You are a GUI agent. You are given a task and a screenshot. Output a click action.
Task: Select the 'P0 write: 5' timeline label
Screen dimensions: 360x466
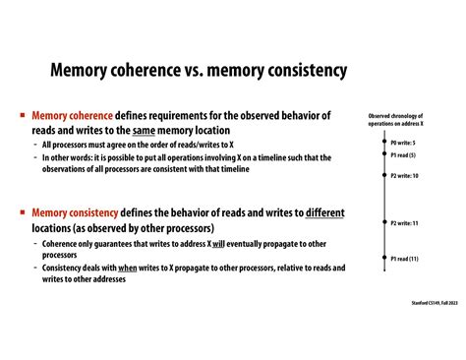coord(403,143)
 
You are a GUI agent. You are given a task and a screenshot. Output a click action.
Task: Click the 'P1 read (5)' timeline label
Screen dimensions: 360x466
coord(403,155)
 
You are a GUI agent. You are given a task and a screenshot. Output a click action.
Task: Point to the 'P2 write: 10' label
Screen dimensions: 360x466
coord(404,175)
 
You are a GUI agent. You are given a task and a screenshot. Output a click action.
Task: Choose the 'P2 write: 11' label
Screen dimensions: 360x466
coord(404,223)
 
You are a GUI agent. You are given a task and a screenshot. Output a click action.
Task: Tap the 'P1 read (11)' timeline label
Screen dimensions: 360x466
coord(404,258)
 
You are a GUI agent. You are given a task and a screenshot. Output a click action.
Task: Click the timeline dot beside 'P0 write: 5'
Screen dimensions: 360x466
coord(382,143)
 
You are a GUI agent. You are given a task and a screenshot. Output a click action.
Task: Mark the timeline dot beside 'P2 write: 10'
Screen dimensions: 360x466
coord(382,175)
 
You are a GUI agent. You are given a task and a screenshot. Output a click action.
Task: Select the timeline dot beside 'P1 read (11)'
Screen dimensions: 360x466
coord(382,258)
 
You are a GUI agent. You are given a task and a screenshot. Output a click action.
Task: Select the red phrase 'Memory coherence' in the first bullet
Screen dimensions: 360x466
coord(73,115)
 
